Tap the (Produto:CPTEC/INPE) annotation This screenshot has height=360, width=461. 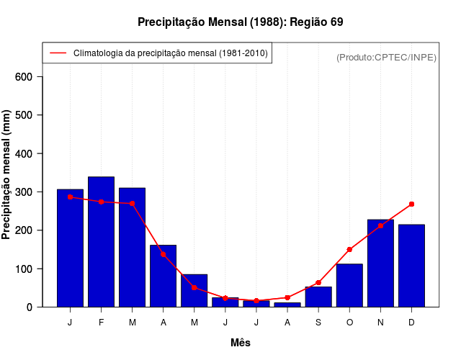click(x=386, y=57)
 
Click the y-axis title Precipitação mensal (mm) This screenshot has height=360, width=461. click(x=6, y=175)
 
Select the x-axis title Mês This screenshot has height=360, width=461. click(x=241, y=343)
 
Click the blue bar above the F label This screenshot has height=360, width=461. click(x=101, y=241)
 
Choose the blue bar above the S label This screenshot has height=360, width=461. click(x=318, y=297)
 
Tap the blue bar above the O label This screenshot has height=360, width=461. click(x=349, y=285)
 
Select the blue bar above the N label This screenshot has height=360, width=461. click(x=380, y=263)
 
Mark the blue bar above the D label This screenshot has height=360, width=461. click(x=411, y=266)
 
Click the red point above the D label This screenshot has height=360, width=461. click(x=411, y=204)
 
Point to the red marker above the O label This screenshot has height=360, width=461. click(x=349, y=250)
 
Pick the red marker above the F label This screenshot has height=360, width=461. click(x=101, y=202)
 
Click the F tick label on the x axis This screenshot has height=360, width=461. click(x=101, y=323)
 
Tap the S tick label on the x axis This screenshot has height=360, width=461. click(x=318, y=323)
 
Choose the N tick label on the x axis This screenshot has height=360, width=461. click(x=380, y=323)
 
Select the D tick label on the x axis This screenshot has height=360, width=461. click(x=411, y=323)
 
